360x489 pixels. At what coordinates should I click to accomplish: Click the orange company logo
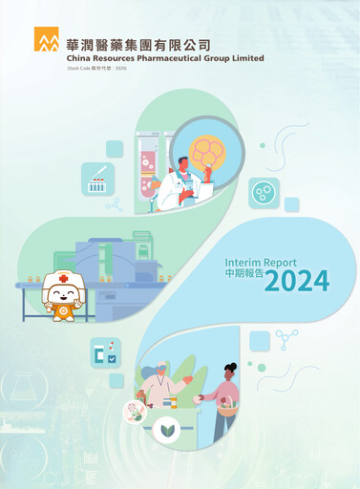pyautogui.click(x=47, y=39)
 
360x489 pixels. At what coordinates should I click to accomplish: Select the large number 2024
pyautogui.click(x=297, y=281)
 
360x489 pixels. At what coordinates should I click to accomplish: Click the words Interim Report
pyautogui.click(x=260, y=262)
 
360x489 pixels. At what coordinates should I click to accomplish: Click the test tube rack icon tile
pyautogui.click(x=97, y=179)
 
